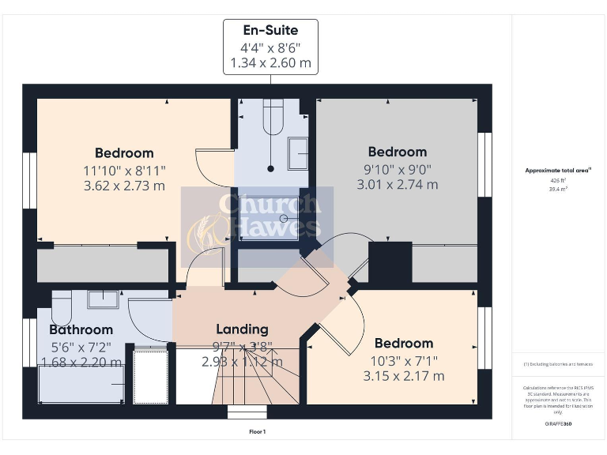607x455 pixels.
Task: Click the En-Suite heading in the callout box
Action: (270, 31)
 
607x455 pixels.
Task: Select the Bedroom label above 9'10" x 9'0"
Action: (397, 152)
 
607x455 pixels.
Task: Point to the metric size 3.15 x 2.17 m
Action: (403, 375)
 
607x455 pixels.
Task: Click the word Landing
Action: (243, 329)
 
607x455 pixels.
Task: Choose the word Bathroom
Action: (81, 329)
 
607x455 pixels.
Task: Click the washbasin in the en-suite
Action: (298, 153)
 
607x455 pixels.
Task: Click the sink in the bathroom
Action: (102, 299)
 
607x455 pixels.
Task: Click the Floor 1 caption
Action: (258, 432)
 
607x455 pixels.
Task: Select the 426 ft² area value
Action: (558, 180)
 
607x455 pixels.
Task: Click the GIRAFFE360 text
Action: (558, 424)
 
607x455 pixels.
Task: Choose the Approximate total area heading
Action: (558, 170)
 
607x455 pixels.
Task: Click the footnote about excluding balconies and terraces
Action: (558, 364)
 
